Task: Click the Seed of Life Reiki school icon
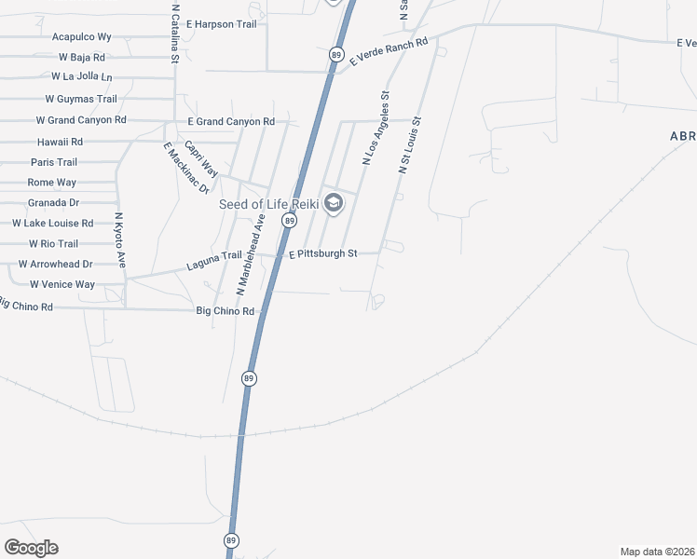pyautogui.click(x=334, y=203)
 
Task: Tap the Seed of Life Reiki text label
pyautogui.click(x=268, y=204)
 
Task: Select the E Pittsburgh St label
pyautogui.click(x=322, y=253)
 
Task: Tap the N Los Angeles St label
pyautogui.click(x=376, y=129)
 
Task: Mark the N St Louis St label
pyautogui.click(x=410, y=145)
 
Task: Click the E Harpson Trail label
pyautogui.click(x=221, y=22)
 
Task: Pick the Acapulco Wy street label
pyautogui.click(x=81, y=37)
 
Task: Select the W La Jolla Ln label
pyautogui.click(x=81, y=76)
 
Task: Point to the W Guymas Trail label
pyautogui.click(x=81, y=99)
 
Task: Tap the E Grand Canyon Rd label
pyautogui.click(x=231, y=122)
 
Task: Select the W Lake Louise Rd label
pyautogui.click(x=52, y=224)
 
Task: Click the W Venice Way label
pyautogui.click(x=62, y=284)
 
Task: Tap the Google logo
pyautogui.click(x=31, y=548)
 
